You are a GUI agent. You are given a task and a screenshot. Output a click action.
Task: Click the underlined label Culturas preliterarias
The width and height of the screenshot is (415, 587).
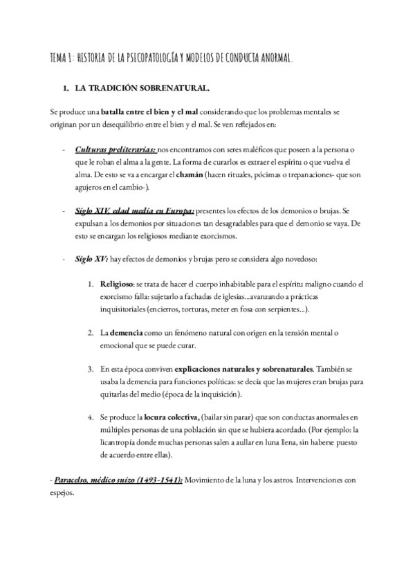[x=116, y=150]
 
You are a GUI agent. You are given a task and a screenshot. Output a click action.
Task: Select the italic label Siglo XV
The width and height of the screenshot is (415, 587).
[x=89, y=258]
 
